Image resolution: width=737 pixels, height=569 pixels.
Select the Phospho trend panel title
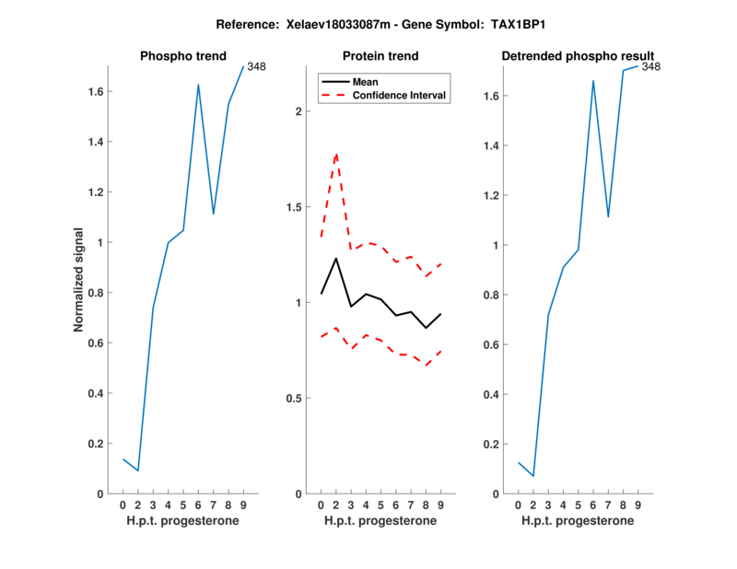pyautogui.click(x=182, y=56)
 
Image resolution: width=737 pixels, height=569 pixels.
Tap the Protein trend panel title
pyautogui.click(x=381, y=56)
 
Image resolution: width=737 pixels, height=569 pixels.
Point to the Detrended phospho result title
pyautogui.click(x=578, y=56)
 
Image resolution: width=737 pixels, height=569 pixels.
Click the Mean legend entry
pyautogui.click(x=366, y=82)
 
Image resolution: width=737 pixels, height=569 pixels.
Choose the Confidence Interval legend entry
pyautogui.click(x=400, y=95)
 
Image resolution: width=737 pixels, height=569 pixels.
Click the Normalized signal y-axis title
pyautogui.click(x=80, y=280)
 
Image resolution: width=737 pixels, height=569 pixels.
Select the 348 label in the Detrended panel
pyautogui.click(x=651, y=66)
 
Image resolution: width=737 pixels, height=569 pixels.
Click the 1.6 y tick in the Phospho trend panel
pyautogui.click(x=94, y=92)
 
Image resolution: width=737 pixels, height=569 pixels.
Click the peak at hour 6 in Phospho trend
pyautogui.click(x=198, y=85)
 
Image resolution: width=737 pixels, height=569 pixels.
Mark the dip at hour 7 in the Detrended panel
pyautogui.click(x=608, y=217)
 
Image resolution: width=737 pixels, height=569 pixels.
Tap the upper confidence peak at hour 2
pyautogui.click(x=336, y=154)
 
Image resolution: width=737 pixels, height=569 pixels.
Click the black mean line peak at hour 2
pyautogui.click(x=336, y=258)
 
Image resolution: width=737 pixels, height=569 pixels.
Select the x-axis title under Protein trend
pyautogui.click(x=380, y=521)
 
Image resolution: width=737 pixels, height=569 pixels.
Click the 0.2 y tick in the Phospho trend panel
pyautogui.click(x=94, y=444)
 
